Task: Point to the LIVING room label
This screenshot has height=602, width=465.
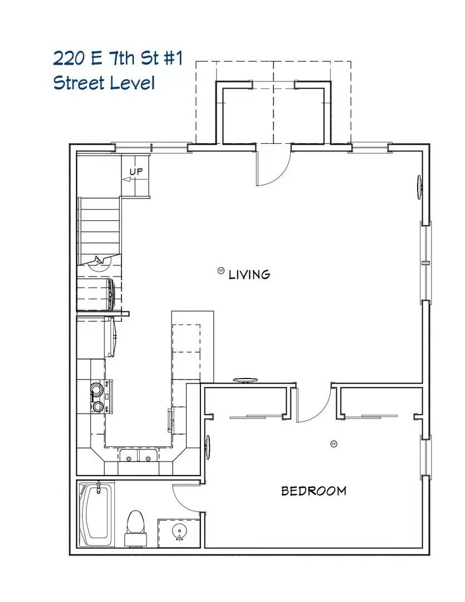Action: coord(249,274)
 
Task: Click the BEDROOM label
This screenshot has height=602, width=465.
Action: coord(314,491)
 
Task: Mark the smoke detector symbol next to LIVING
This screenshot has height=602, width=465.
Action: coord(221,271)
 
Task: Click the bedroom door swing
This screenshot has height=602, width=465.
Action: coord(315,404)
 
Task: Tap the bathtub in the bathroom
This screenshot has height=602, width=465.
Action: coord(97,514)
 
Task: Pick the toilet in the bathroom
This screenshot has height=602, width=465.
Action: coord(135,527)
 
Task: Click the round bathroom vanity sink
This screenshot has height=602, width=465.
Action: coord(179,530)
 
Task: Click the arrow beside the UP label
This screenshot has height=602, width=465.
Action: coord(126,179)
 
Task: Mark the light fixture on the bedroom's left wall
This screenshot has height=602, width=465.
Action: coord(209,446)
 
